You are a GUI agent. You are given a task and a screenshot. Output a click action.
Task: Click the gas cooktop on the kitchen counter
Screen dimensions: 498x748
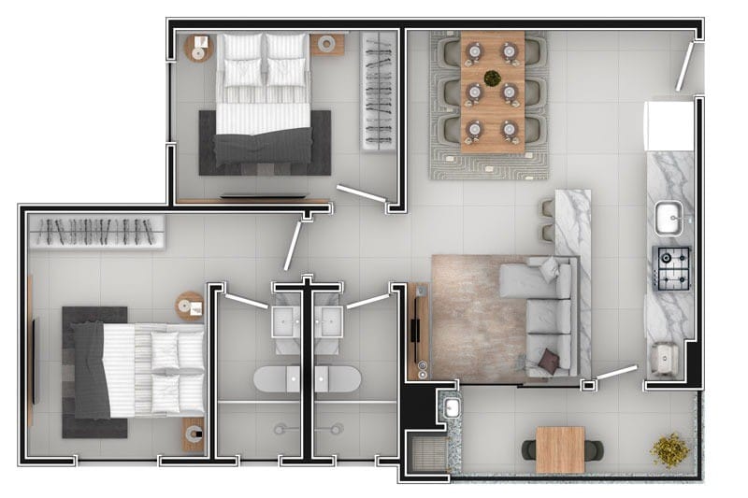671,267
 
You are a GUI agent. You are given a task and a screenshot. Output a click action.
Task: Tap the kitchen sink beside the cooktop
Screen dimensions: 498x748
669,220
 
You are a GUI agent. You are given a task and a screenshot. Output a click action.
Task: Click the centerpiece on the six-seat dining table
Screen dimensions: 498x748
492,79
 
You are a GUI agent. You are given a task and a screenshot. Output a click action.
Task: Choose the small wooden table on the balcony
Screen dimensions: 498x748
560,448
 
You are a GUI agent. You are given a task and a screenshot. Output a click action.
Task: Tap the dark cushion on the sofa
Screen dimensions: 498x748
550,359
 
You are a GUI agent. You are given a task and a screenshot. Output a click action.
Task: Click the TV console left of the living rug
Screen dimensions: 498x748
417,333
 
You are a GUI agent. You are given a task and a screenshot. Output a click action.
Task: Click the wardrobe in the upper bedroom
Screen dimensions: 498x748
380,90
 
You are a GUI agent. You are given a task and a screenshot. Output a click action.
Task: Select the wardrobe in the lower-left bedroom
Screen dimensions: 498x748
97,232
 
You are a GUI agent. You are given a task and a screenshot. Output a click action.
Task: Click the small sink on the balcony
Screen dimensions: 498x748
452,408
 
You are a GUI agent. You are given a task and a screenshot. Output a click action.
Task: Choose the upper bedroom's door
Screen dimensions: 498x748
363,194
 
